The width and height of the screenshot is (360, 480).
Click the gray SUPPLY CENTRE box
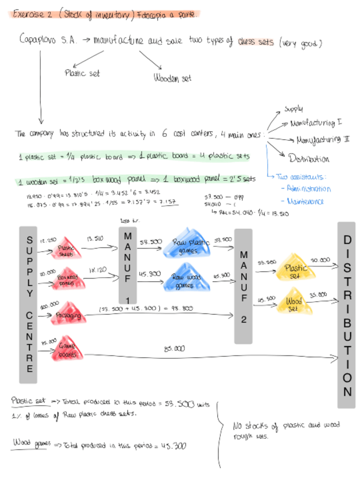(x=29, y=305)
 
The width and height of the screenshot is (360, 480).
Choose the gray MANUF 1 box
(x=128, y=265)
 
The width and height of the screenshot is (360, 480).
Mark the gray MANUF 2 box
(x=243, y=286)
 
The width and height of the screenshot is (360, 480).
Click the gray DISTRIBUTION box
(x=346, y=315)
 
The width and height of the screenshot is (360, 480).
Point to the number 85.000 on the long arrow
(x=174, y=349)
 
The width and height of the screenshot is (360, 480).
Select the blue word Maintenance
(x=306, y=201)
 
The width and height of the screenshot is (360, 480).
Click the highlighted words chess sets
(x=256, y=43)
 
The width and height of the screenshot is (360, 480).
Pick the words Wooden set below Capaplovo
(x=173, y=78)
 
